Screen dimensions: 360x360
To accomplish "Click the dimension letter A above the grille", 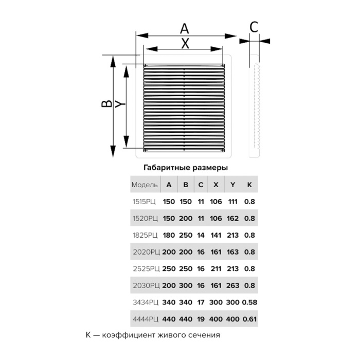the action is point(184,29).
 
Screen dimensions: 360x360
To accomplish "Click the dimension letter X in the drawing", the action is point(185,43).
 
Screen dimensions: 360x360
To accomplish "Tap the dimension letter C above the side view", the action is point(254,27).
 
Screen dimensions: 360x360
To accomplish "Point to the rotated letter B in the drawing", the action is point(107,104).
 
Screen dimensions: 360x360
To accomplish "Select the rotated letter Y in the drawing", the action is point(120,104).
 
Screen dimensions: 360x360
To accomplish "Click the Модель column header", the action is point(145,185).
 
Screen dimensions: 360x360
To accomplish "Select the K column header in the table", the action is point(249,185).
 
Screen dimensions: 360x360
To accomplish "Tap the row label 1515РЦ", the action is point(144,202).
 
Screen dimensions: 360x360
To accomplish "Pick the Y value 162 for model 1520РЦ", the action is point(232,219).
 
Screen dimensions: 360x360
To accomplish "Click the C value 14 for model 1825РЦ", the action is point(201,235).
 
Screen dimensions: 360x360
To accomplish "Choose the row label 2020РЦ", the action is point(146,252).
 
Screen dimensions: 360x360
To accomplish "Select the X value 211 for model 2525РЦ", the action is point(216,268).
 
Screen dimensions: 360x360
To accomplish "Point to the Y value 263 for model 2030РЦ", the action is point(232,285).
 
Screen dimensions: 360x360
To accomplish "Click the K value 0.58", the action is point(249,302).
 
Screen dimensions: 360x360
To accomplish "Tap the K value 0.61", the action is point(249,319).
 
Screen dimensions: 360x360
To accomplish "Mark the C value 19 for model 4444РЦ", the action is point(201,319).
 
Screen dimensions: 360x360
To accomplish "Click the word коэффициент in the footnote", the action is point(129,335).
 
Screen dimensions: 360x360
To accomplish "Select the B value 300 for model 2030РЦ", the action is point(186,285).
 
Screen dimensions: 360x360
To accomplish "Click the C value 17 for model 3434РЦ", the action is point(201,302).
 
